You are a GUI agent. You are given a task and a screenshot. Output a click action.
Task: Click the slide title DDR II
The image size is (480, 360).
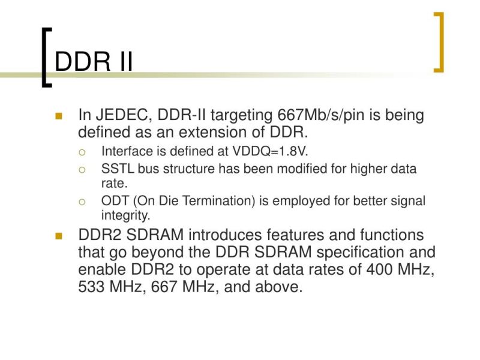(x=94, y=62)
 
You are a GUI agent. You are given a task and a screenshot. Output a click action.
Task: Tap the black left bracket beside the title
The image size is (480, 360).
(x=45, y=57)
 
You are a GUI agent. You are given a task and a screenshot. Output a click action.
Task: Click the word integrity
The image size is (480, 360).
(x=125, y=215)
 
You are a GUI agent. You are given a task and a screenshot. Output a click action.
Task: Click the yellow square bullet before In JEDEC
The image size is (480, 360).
(x=58, y=116)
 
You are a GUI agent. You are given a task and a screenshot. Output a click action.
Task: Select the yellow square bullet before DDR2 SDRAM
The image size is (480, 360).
(x=58, y=236)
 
